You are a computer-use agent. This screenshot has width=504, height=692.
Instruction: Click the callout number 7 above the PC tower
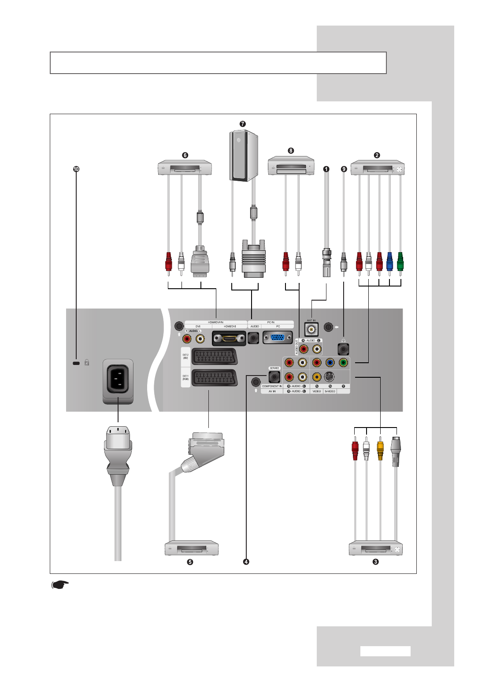243,124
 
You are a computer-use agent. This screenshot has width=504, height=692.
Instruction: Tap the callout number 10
76,169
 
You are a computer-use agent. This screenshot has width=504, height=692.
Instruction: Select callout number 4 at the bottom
246,562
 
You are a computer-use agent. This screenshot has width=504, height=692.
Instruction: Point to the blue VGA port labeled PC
277,338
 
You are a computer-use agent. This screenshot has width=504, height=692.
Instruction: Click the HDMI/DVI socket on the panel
229,338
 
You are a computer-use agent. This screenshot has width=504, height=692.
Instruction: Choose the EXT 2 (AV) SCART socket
215,357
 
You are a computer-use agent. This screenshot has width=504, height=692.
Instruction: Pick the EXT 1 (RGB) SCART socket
215,378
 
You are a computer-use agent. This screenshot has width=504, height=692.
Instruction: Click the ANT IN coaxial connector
311,329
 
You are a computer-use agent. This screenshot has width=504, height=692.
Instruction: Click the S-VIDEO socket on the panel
329,377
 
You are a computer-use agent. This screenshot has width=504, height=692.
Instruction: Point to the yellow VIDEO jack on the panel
316,377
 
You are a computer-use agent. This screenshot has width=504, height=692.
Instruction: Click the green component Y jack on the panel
343,363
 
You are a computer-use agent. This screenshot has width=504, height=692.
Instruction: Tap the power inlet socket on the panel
118,378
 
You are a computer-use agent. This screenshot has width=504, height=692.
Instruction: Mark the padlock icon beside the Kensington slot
87,363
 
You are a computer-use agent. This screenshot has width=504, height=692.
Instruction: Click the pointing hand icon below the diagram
60,585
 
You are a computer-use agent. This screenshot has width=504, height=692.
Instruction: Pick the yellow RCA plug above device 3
380,449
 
